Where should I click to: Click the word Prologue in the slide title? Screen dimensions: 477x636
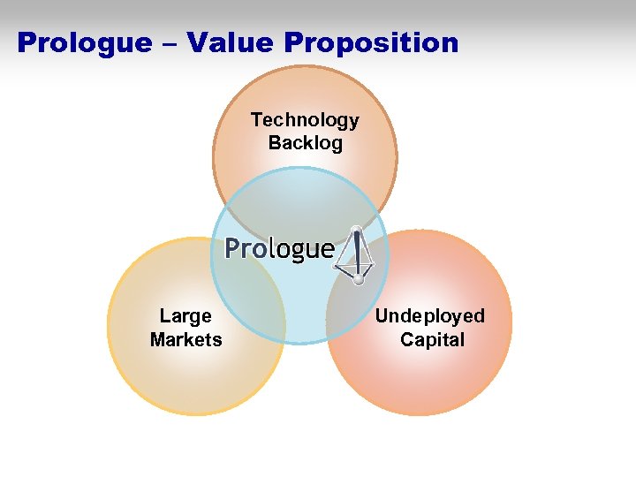point(74,43)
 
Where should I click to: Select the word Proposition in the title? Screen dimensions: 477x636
point(368,43)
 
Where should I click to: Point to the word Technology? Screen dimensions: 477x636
point(305,120)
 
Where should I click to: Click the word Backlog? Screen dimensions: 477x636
point(305,143)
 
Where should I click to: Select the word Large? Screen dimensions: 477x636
point(185,316)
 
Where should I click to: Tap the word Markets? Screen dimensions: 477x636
point(185,339)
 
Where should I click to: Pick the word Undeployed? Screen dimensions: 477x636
point(430,316)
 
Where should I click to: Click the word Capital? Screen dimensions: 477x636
point(432,339)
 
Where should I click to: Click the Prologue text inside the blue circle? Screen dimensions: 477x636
point(279,249)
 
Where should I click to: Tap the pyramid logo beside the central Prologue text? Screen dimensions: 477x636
point(356,254)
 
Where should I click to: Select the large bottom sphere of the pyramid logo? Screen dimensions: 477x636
point(358,279)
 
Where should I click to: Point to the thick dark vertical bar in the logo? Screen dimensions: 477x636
point(358,254)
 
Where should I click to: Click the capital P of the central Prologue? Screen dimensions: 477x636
point(232,248)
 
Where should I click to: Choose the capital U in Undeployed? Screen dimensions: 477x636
point(382,316)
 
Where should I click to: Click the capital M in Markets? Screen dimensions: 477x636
point(159,339)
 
